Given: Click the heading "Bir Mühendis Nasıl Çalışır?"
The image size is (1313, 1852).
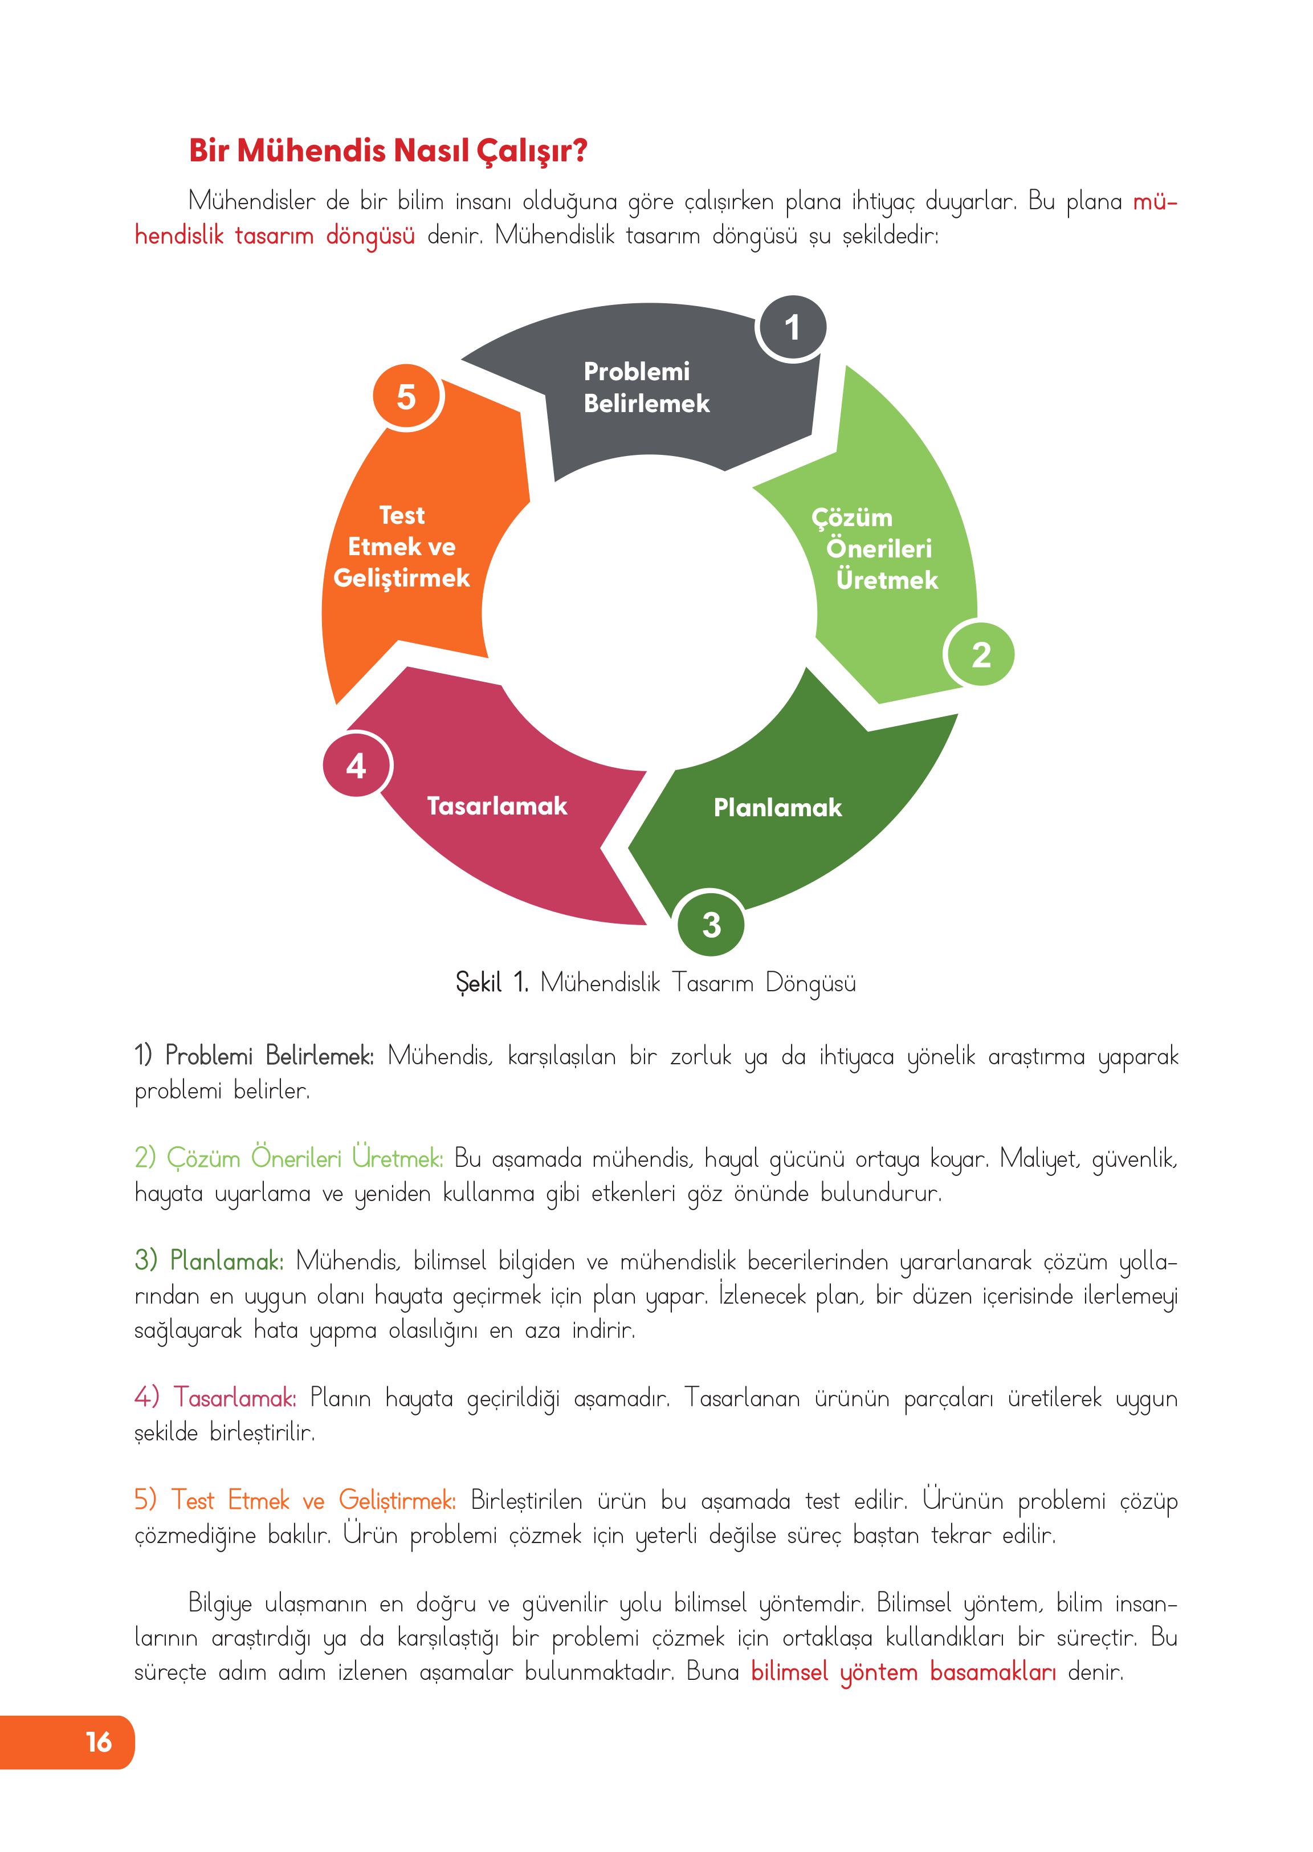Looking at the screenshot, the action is (x=388, y=150).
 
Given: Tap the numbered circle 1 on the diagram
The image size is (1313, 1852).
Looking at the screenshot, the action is (x=792, y=328).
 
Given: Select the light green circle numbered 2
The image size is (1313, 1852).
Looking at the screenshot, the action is (x=981, y=654).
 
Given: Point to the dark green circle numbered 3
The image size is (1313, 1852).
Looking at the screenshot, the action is (x=711, y=923).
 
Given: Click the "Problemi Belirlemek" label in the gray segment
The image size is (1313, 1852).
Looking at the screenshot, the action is (x=646, y=388).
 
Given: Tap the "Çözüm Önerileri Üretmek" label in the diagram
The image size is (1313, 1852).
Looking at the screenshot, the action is (x=875, y=548).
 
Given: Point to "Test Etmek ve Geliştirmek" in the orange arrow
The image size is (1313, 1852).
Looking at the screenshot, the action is (x=401, y=547).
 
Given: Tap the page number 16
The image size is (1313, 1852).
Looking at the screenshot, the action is (x=99, y=1741).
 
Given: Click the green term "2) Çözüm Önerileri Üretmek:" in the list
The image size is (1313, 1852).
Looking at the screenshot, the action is (x=288, y=1158).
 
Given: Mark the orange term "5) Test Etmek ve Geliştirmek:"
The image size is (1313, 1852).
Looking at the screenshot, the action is (x=295, y=1500).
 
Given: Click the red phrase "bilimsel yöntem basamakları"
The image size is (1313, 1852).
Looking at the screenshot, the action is (x=903, y=1672).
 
